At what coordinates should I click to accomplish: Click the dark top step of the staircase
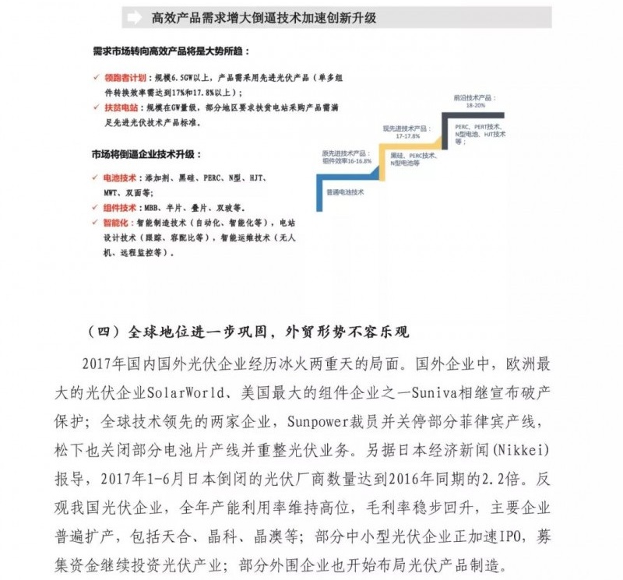(x=459, y=117)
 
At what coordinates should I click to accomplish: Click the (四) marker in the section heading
(x=101, y=331)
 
